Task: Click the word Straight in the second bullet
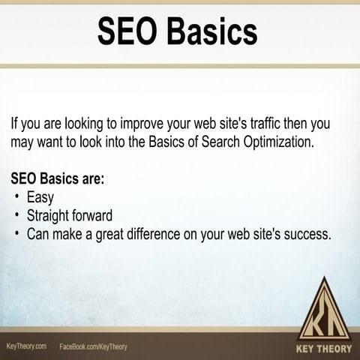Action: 50,216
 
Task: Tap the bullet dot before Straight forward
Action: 16,216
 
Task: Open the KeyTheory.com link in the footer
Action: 27,346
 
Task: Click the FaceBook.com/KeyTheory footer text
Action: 93,346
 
